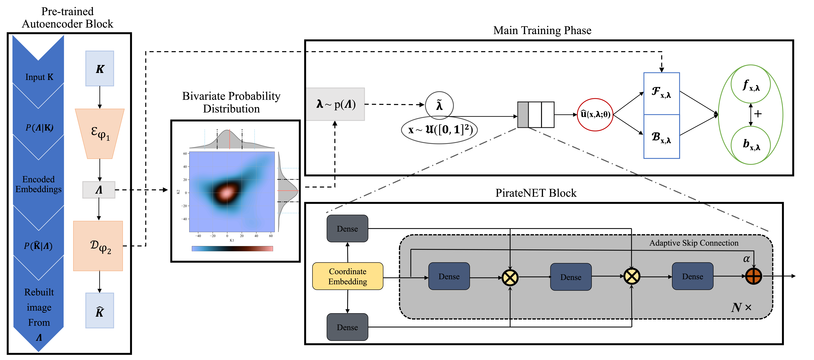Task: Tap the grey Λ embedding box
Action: [x=99, y=190]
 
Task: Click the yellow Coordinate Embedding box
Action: [x=348, y=276]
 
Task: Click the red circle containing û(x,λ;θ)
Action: [x=595, y=114]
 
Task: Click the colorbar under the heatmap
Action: [x=232, y=249]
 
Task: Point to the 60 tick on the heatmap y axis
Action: [x=185, y=154]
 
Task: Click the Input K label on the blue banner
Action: [x=39, y=77]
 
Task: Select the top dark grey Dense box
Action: [x=347, y=229]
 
